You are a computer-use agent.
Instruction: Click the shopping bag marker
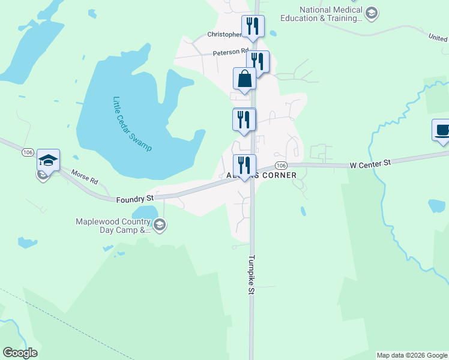[x=244, y=79]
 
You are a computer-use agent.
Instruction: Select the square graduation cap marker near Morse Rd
[x=48, y=161]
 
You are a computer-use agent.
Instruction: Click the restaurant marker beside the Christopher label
[x=252, y=26]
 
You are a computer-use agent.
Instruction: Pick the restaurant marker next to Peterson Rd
[x=258, y=61]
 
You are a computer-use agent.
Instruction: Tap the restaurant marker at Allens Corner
[x=244, y=165]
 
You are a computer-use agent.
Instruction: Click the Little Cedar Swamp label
[x=132, y=124]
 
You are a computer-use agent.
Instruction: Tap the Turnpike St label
[x=251, y=276]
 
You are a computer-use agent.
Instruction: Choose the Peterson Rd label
[x=231, y=52]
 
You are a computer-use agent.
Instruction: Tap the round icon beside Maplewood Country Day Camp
[x=159, y=225]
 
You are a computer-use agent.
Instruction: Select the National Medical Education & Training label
[x=331, y=14]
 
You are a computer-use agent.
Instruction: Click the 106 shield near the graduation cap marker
[x=28, y=152]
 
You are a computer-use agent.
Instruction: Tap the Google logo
[x=20, y=353]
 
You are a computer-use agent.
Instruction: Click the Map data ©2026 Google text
[x=412, y=355]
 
